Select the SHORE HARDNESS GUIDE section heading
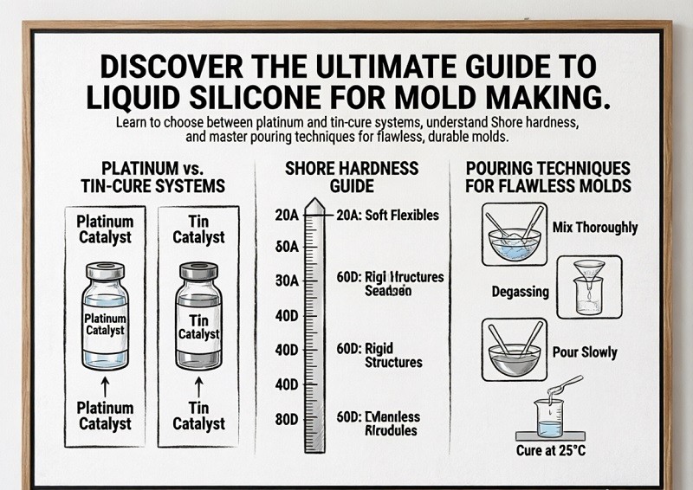click(351, 176)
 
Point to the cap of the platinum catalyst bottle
click(105, 271)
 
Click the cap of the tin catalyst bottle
click(198, 271)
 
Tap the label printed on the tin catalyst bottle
click(198, 327)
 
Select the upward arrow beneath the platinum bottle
click(105, 384)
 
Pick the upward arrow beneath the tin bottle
click(199, 384)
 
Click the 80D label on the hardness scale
click(286, 420)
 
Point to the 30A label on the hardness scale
click(286, 281)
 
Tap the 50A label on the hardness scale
click(286, 247)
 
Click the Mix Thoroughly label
click(594, 228)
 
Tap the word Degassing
click(520, 292)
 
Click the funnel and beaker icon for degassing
click(589, 286)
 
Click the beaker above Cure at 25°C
click(548, 414)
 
